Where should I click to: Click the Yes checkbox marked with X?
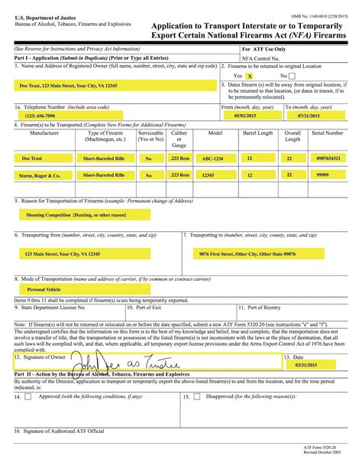(x=250, y=77)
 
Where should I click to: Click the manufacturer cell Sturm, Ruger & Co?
(x=38, y=174)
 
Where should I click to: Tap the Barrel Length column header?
(x=257, y=133)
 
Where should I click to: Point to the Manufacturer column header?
(x=38, y=133)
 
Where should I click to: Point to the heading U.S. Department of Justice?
(x=40, y=15)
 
